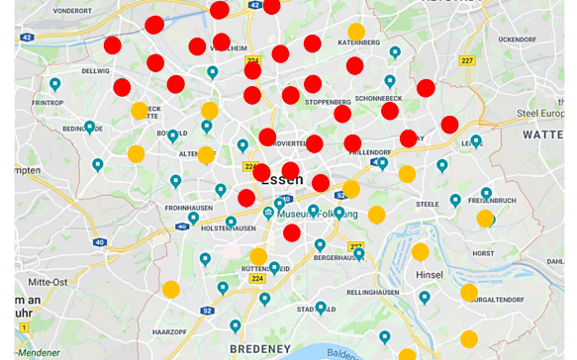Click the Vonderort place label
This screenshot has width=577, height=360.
click(x=72, y=10)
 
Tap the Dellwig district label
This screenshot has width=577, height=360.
click(x=96, y=71)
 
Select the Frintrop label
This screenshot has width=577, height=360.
click(x=48, y=102)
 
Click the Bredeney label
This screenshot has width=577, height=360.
click(x=260, y=348)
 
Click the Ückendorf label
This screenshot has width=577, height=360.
click(x=517, y=40)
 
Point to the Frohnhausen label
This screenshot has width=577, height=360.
click(x=189, y=208)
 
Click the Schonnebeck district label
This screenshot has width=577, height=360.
click(x=378, y=99)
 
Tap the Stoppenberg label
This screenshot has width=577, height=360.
click(x=328, y=101)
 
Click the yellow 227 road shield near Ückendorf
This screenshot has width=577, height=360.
click(x=467, y=60)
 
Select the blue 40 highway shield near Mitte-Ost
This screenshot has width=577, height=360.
click(x=100, y=242)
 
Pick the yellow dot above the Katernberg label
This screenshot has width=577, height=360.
click(x=356, y=32)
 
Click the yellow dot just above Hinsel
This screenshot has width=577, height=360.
click(x=421, y=251)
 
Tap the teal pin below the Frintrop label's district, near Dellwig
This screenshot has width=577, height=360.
click(x=55, y=85)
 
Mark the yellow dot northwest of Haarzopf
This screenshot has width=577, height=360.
click(x=170, y=290)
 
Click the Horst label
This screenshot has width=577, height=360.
click(x=483, y=253)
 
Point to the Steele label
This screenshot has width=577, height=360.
click(x=428, y=205)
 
